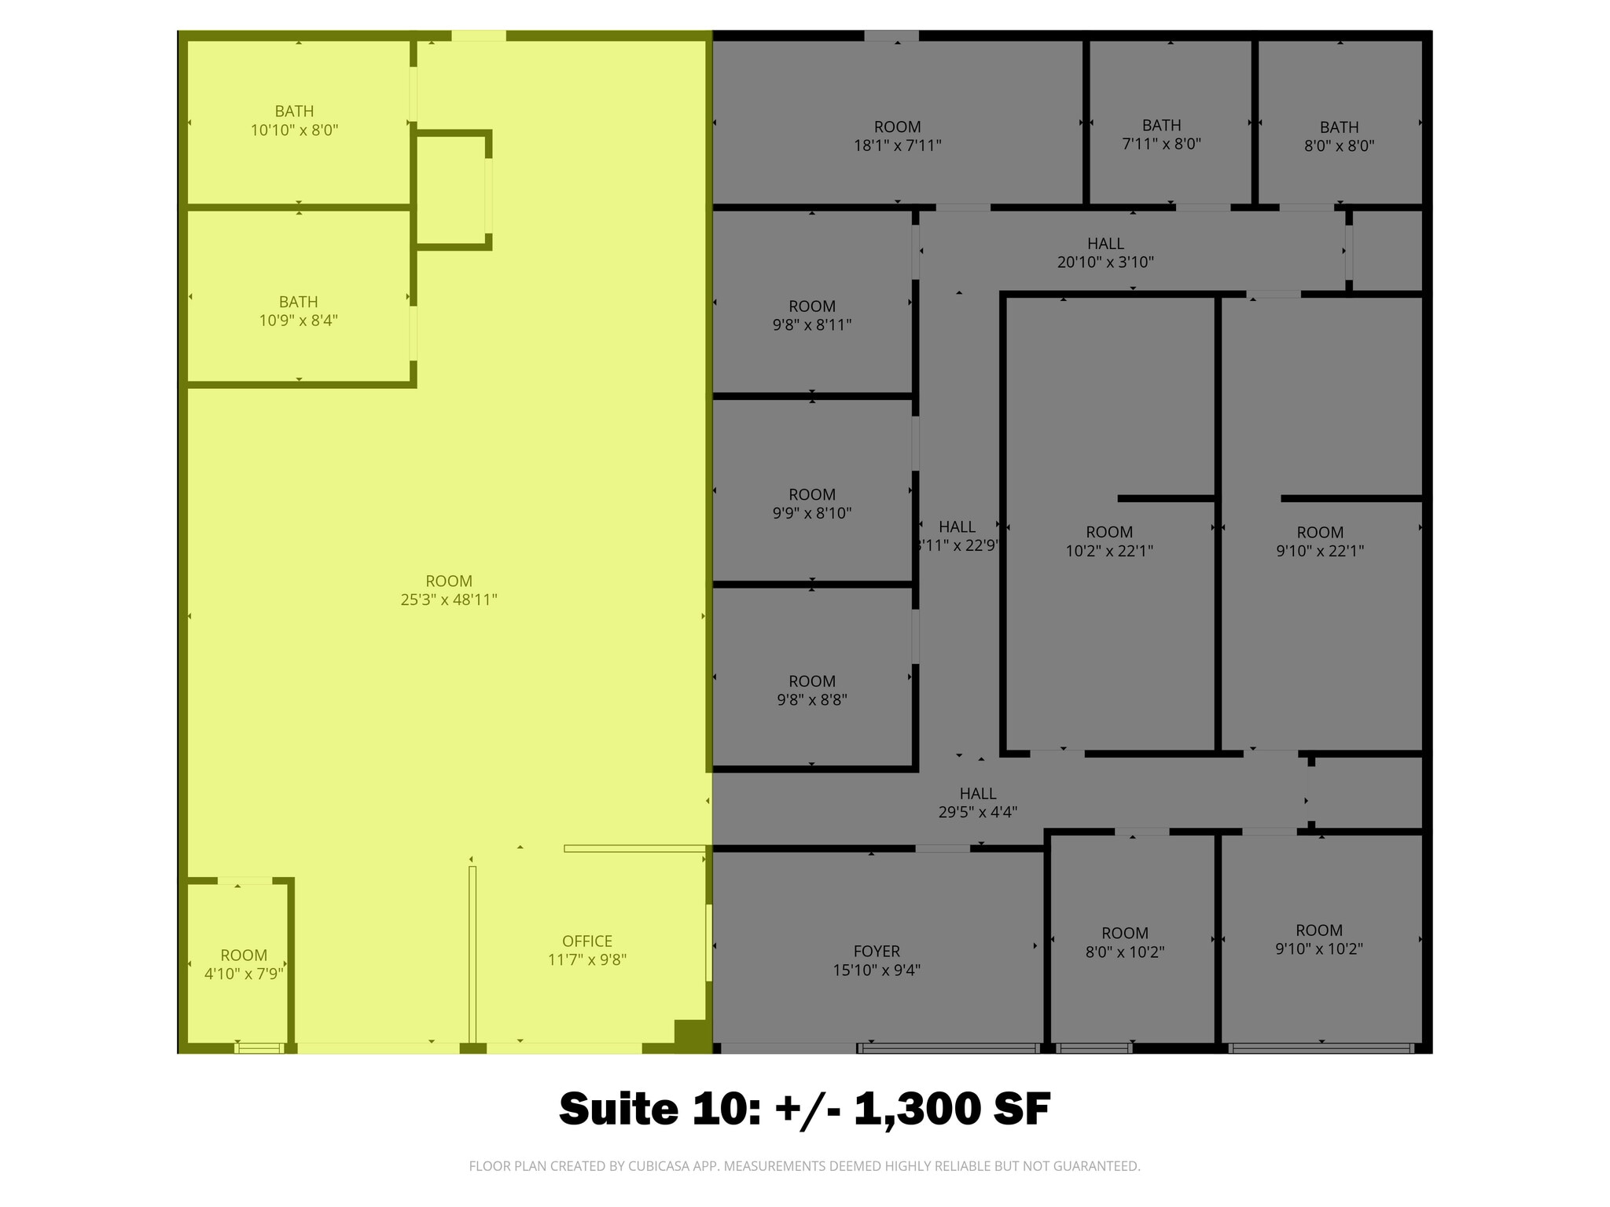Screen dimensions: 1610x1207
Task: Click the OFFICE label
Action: click(586, 941)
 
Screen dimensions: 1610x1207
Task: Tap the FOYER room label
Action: click(877, 952)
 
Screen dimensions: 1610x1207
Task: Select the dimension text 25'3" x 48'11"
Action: click(449, 600)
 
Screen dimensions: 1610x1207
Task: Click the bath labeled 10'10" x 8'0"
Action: click(294, 121)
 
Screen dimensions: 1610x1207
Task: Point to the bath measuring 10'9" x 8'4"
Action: click(298, 311)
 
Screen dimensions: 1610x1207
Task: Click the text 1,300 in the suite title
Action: click(914, 1110)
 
